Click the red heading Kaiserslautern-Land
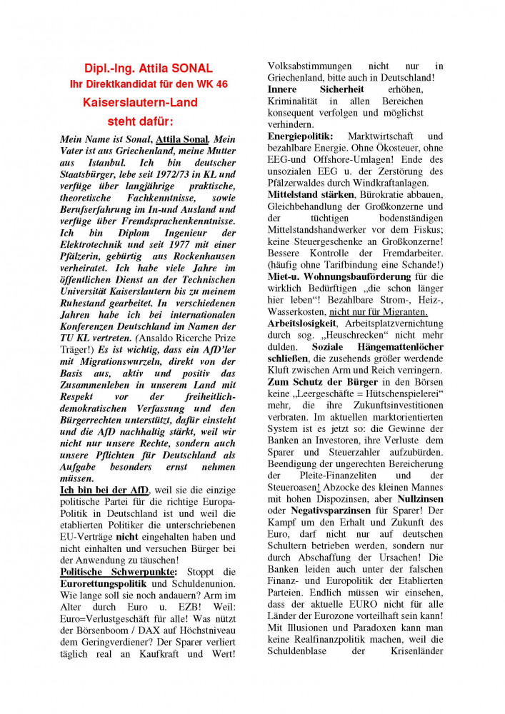pos(140,103)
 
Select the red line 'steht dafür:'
pos(140,121)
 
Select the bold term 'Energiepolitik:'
pos(299,136)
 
